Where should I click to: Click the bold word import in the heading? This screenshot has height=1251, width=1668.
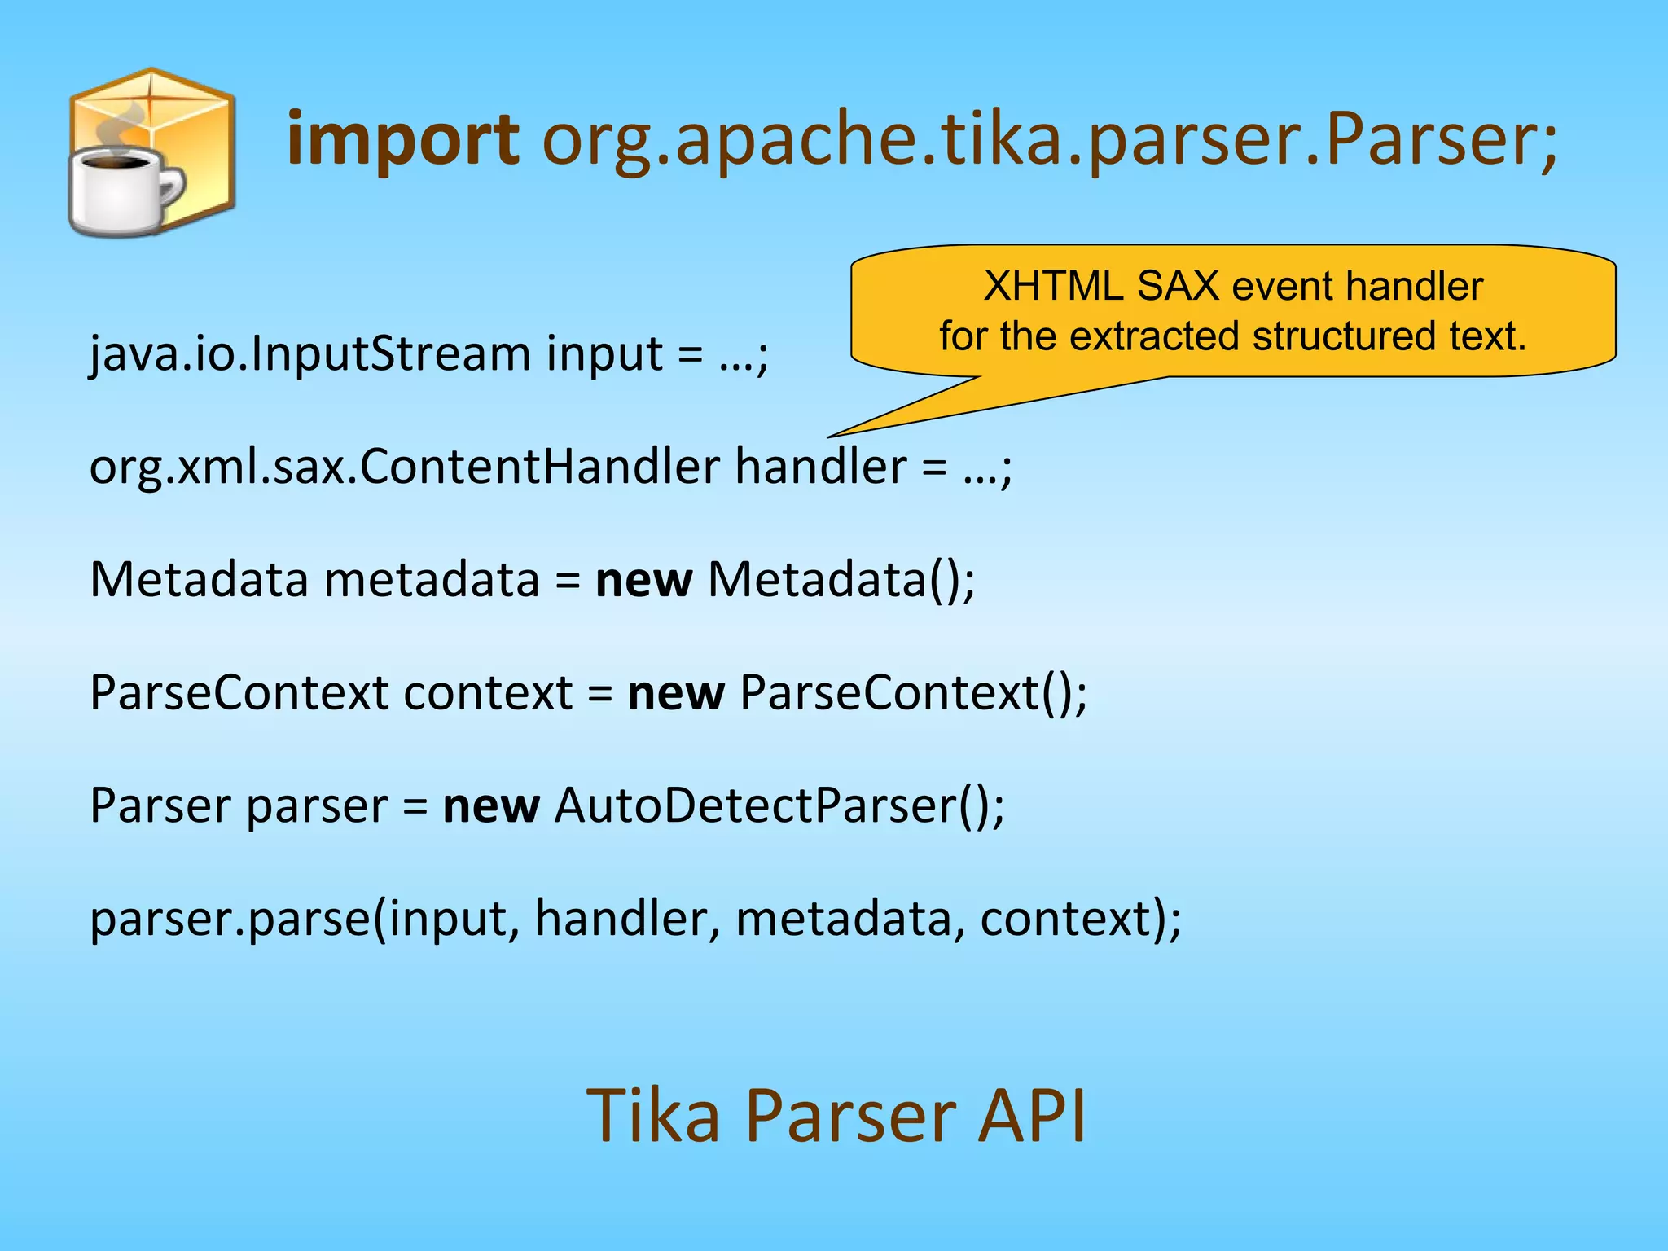[x=403, y=140]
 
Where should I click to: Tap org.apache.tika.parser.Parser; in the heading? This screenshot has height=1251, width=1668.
[x=1049, y=140]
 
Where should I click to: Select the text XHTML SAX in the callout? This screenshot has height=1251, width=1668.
[x=1100, y=286]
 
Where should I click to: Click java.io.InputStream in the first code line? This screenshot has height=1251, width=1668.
[x=309, y=354]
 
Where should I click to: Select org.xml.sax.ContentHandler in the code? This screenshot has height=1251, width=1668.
[x=404, y=467]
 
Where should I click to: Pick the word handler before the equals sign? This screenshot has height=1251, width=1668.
[x=821, y=467]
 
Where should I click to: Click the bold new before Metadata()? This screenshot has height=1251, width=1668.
[x=643, y=581]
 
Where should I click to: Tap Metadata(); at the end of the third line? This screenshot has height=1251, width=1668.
[x=841, y=581]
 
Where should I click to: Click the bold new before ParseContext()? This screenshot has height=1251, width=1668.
[x=675, y=693]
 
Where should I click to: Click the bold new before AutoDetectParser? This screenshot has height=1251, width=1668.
[x=490, y=806]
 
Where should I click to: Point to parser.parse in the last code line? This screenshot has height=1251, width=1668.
[x=230, y=920]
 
